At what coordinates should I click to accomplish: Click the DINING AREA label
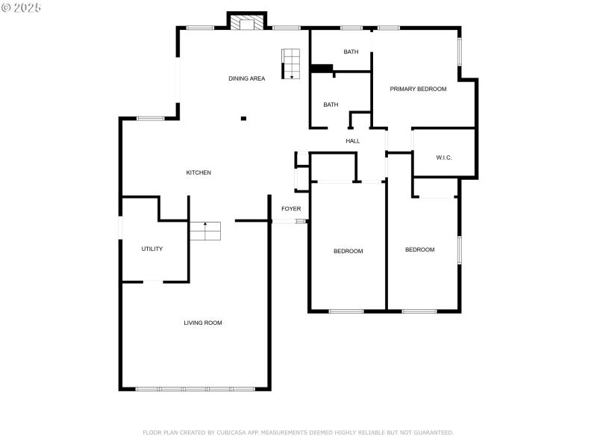point(246,78)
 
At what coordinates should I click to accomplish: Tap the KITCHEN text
point(199,172)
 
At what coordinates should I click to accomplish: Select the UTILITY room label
point(152,249)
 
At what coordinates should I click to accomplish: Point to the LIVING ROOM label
point(203,323)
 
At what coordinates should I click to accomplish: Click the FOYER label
point(291,208)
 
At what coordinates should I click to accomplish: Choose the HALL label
point(353,140)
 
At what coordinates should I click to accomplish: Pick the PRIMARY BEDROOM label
point(418,89)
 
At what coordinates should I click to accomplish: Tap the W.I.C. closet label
point(444,158)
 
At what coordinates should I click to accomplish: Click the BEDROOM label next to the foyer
point(348,251)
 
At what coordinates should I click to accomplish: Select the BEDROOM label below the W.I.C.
point(419,249)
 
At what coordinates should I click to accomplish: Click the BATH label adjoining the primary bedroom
point(351,52)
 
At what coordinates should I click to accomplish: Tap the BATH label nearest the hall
point(331,105)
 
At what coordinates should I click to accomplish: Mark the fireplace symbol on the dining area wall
point(246,24)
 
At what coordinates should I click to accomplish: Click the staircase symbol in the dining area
point(290,63)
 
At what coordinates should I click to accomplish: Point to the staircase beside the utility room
point(205,231)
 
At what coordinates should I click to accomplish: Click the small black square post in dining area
point(243,117)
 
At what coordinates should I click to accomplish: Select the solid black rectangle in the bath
point(322,69)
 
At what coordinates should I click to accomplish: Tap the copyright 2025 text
point(22,7)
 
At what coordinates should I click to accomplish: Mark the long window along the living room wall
point(196,389)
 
